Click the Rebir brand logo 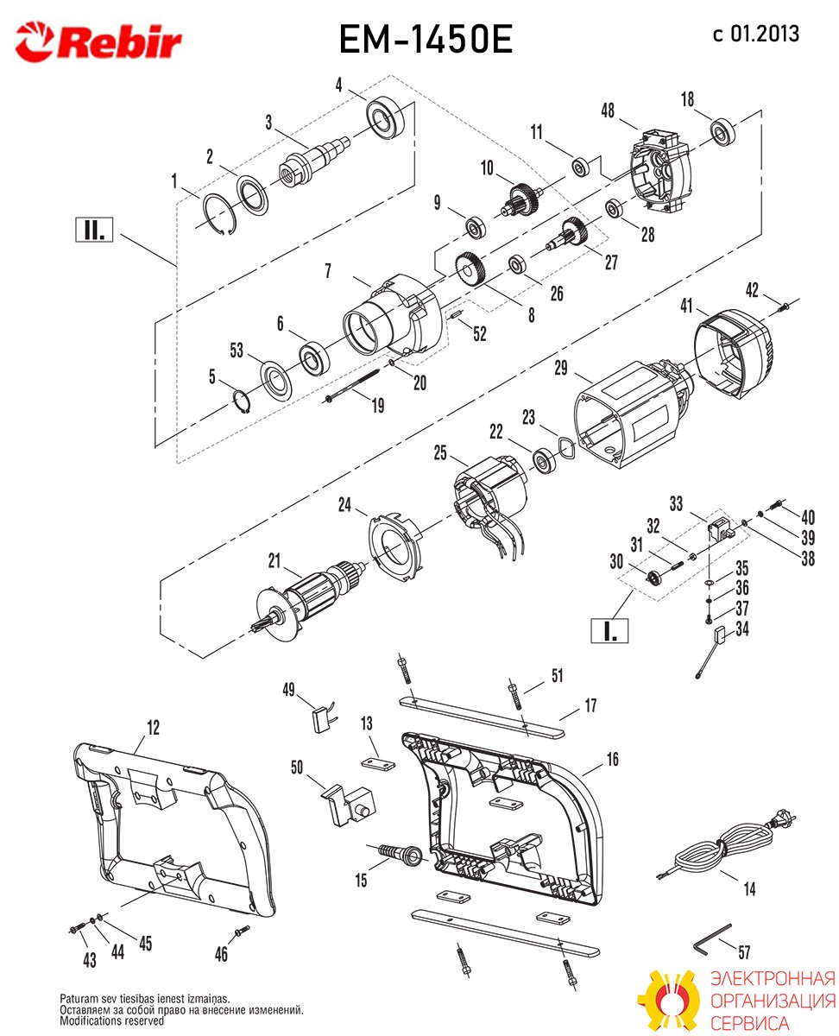98,41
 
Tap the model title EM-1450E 425,40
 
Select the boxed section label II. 94,229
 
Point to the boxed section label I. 609,630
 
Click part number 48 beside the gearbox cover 608,111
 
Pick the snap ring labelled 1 220,213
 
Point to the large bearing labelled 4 387,118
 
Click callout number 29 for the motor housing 561,368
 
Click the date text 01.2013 765,34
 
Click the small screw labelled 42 784,306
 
